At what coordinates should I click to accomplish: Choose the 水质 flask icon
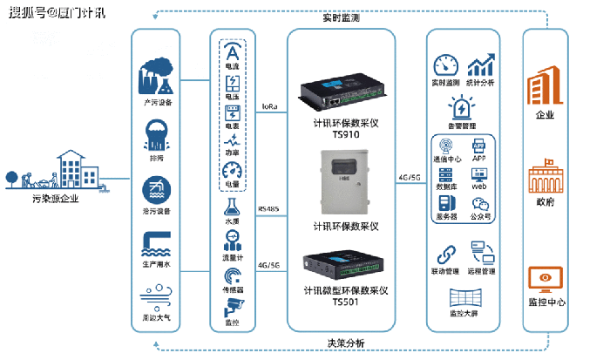232,207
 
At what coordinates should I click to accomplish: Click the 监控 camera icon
232,306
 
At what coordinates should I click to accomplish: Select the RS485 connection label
268,209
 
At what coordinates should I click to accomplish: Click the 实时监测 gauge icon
445,66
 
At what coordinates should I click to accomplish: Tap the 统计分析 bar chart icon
480,66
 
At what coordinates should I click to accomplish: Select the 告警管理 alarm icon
462,108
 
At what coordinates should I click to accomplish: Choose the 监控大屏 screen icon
462,295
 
